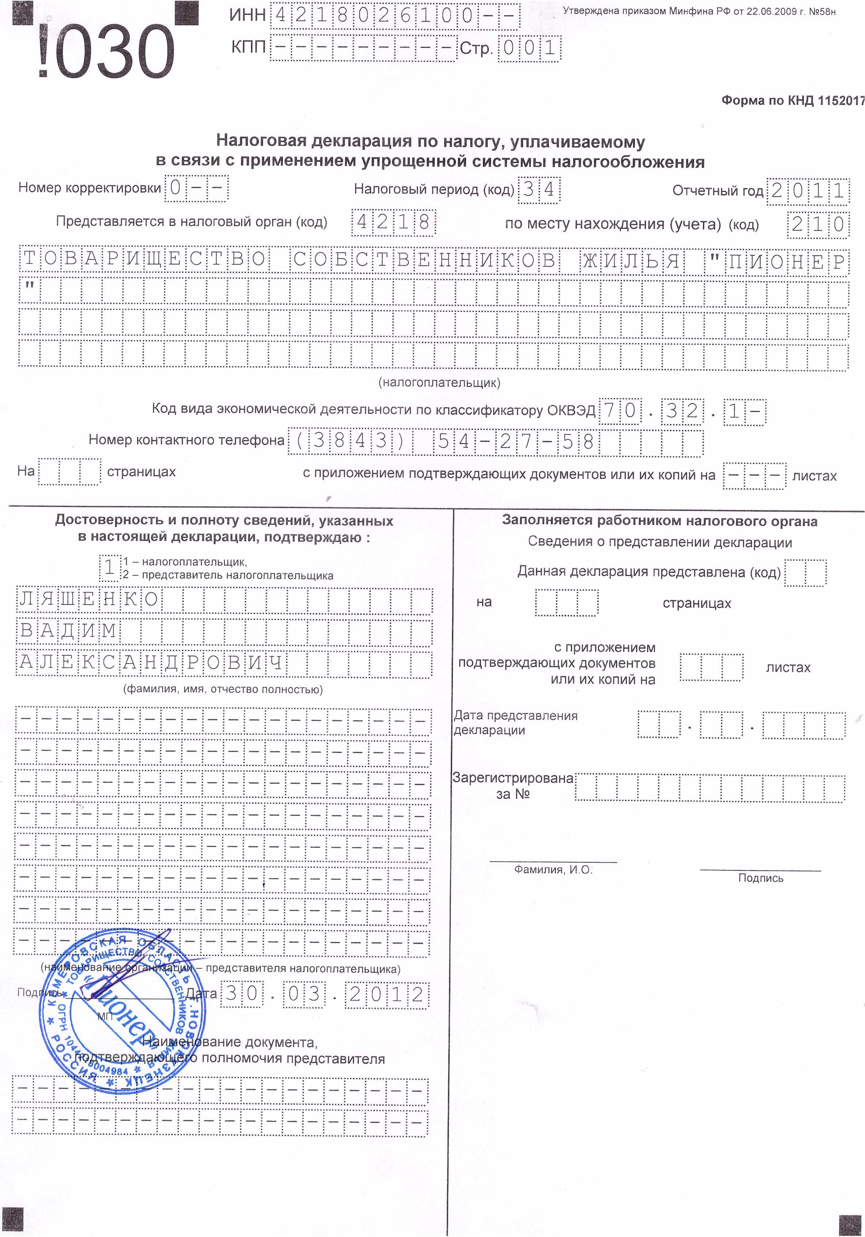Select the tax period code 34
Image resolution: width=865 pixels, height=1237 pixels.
click(x=539, y=190)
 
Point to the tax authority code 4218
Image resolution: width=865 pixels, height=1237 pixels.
click(x=393, y=222)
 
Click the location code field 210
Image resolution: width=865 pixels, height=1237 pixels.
click(x=818, y=224)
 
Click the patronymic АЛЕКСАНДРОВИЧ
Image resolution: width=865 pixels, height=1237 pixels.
click(x=151, y=663)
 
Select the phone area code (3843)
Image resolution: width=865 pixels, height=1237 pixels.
click(x=350, y=441)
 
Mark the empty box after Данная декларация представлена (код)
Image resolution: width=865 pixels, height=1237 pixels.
click(x=805, y=573)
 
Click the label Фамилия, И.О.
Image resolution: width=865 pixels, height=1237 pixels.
click(x=553, y=870)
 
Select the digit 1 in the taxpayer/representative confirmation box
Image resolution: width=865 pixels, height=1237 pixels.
click(x=110, y=568)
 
